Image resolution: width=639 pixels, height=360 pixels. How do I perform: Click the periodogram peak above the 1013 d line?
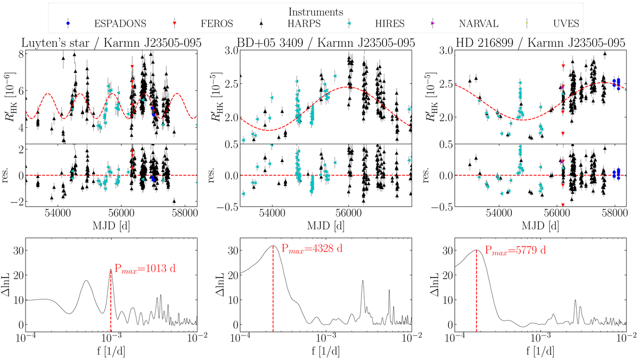pyautogui.click(x=111, y=269)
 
